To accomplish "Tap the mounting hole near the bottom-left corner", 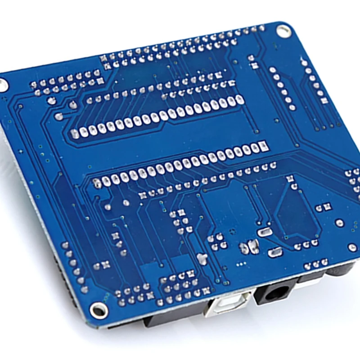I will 98,310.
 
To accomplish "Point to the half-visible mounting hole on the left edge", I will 3,85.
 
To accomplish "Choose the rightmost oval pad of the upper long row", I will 240,100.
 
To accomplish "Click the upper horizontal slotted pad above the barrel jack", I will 264,232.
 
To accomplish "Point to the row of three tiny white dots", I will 242,264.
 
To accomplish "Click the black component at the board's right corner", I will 342,270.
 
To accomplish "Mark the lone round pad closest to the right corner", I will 353,247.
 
